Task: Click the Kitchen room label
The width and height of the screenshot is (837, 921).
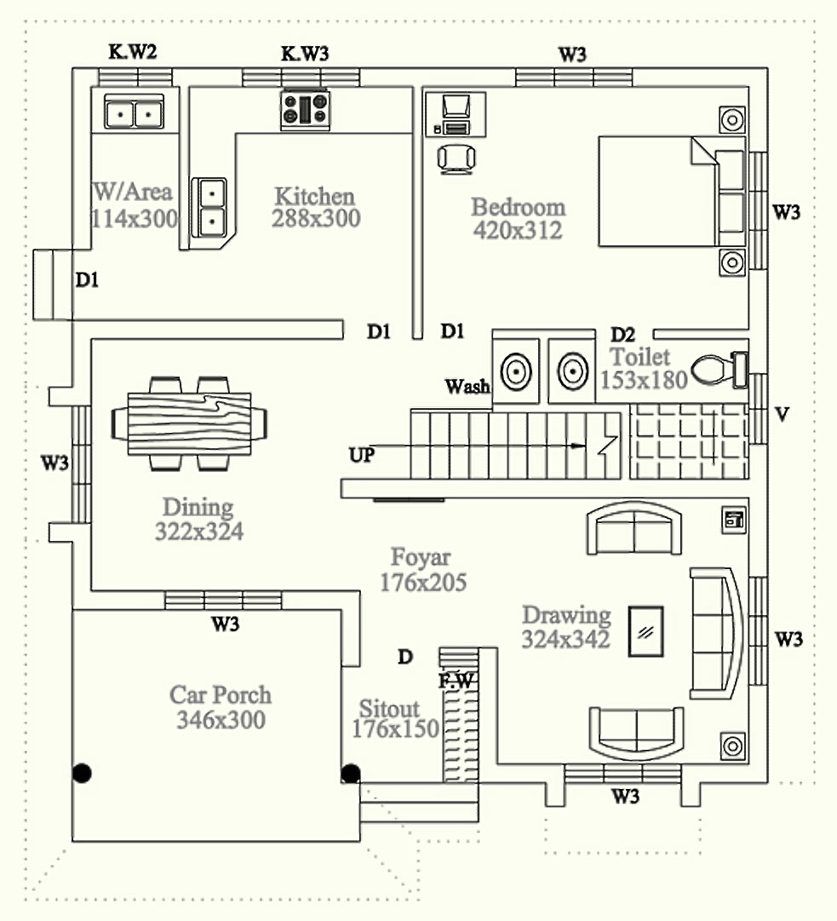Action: point(314,197)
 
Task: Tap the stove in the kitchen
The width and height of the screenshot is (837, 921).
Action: point(304,110)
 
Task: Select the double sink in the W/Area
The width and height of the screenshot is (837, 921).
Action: point(134,112)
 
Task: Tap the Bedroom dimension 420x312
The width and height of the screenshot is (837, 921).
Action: point(518,229)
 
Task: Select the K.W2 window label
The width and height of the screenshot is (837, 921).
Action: point(132,53)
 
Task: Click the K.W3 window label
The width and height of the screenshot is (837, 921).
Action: point(305,54)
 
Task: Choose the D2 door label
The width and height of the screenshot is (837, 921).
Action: point(622,333)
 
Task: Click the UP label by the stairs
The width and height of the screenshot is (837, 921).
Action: point(361,455)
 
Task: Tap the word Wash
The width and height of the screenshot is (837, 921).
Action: point(467,387)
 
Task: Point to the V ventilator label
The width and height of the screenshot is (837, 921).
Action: point(783,415)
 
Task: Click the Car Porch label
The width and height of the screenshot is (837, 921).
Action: point(221,694)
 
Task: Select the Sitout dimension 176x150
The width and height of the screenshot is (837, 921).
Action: point(395,729)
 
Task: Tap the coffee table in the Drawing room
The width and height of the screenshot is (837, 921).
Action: point(646,630)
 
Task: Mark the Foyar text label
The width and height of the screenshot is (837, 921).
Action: point(421,559)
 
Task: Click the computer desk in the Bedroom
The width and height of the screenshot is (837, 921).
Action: point(456,114)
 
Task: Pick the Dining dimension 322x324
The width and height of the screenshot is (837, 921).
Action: point(199,532)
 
